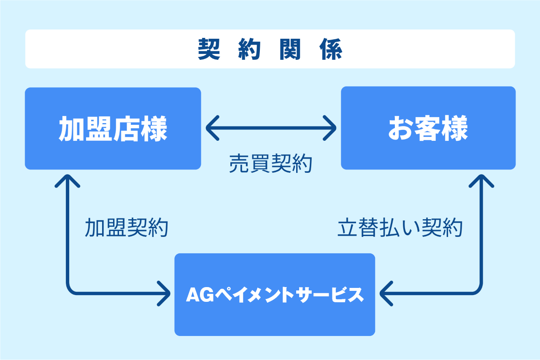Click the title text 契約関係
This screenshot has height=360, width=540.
point(270,49)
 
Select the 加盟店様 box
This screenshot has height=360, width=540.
point(113,128)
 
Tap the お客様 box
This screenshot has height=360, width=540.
point(428,128)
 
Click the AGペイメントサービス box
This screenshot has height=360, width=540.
point(275,295)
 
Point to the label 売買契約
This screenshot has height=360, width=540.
point(270,164)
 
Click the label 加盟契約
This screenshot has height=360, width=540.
point(126,228)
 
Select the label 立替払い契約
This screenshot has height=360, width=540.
point(400,228)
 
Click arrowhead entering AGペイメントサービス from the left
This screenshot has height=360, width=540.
point(166,293)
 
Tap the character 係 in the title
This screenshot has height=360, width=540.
point(331,50)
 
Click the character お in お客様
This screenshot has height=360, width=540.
point(400,128)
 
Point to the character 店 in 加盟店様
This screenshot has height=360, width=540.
point(126,128)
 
